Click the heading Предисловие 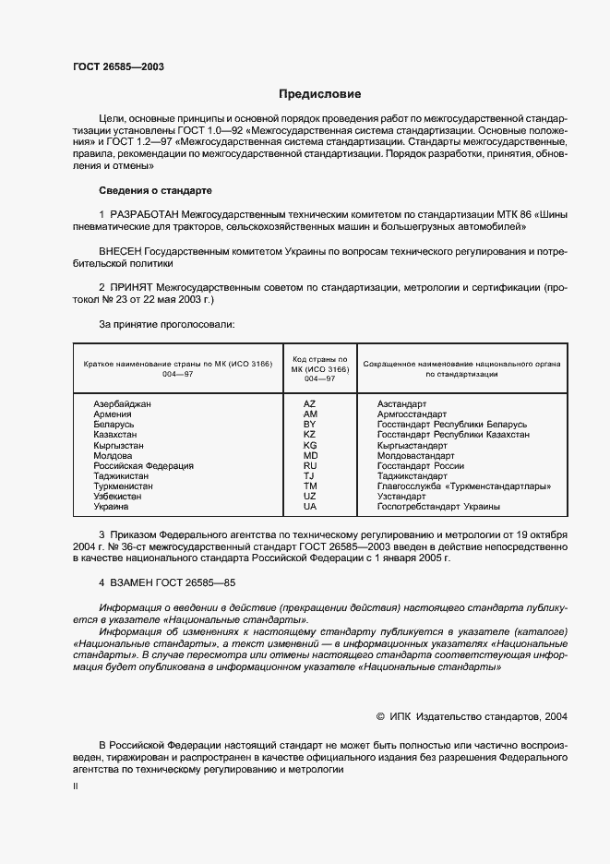[320, 94]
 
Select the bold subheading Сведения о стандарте [155, 190]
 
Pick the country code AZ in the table [309, 404]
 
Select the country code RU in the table [309, 466]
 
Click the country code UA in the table [309, 507]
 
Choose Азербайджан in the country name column [123, 404]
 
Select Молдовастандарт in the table [416, 456]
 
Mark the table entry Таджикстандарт [413, 476]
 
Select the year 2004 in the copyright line [556, 715]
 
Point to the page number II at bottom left [76, 786]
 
